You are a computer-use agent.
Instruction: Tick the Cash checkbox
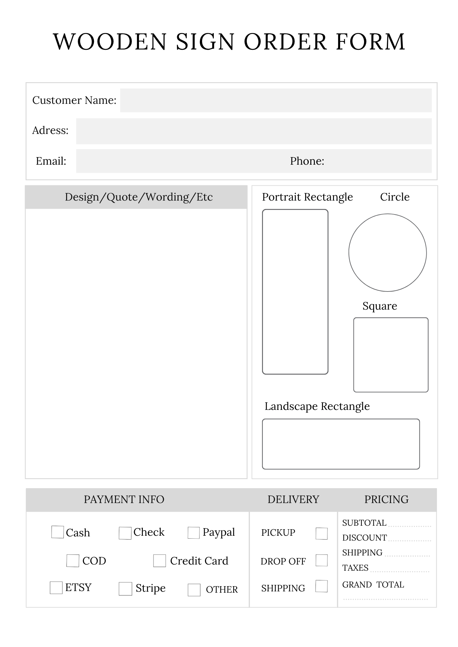[x=58, y=532]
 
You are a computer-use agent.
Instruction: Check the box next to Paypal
[x=193, y=533]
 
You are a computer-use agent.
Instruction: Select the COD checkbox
[x=73, y=561]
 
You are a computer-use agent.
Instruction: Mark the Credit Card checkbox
[x=159, y=561]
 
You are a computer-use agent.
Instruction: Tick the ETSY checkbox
[x=56, y=587]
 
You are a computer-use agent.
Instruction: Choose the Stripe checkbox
[x=125, y=589]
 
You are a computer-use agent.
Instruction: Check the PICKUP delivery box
[x=322, y=533]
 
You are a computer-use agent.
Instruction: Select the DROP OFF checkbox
[x=322, y=560]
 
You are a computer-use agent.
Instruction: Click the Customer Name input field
[x=276, y=100]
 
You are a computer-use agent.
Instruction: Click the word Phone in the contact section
[x=307, y=161]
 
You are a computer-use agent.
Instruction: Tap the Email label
[x=51, y=161]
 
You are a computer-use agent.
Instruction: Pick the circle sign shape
[x=387, y=253]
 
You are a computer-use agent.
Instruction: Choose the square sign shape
[x=391, y=355]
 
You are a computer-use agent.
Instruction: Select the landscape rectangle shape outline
[x=341, y=444]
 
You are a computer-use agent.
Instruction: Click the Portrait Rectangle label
[x=307, y=197]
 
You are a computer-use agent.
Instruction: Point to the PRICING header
[x=386, y=499]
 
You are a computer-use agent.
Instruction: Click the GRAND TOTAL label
[x=373, y=585]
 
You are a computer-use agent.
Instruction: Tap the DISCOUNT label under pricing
[x=364, y=538]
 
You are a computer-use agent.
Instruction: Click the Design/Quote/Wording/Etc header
[x=139, y=197]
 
